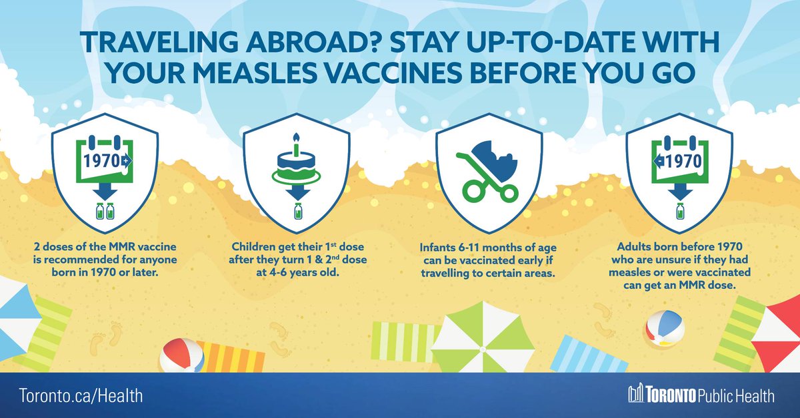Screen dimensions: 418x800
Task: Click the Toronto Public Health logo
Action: pyautogui.click(x=701, y=395)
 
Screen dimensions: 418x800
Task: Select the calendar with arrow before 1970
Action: pyautogui.click(x=679, y=161)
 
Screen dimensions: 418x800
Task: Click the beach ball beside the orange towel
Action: pyautogui.click(x=182, y=355)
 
